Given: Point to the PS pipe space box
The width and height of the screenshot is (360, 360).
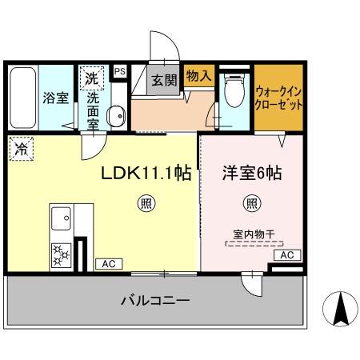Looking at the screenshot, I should [x=120, y=71].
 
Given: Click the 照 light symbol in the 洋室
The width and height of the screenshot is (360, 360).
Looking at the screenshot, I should [x=252, y=204].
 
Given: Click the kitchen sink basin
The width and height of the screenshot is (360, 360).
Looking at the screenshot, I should [x=62, y=217].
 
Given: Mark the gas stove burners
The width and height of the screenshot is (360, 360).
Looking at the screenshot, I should [x=61, y=254].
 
